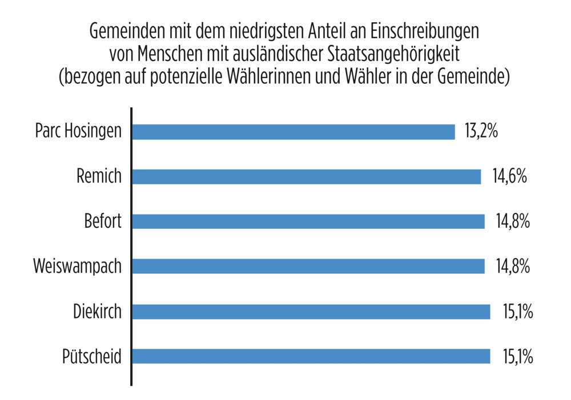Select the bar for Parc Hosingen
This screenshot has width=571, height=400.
293,132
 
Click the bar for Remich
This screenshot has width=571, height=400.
307,177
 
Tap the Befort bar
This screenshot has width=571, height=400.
308,221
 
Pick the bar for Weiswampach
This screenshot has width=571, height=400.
308,266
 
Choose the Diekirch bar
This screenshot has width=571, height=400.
311,312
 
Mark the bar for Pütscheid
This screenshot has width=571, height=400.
311,357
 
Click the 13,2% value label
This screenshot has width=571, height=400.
481,132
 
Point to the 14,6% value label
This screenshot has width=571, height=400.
509,177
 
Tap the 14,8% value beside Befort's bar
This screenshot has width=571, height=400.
512,221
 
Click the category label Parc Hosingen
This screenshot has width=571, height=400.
78,132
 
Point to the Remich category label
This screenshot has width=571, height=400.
99,177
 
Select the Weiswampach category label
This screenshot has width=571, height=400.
77,266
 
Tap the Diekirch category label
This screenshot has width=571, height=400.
97,312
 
